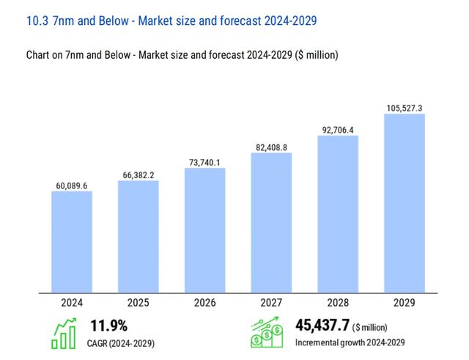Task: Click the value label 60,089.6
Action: tap(72, 185)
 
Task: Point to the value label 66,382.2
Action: tap(139, 175)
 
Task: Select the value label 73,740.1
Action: tap(204, 162)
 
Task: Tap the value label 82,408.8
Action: tap(271, 147)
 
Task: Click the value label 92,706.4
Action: tap(338, 130)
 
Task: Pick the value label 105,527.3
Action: tap(405, 108)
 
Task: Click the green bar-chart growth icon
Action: tap(64, 334)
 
